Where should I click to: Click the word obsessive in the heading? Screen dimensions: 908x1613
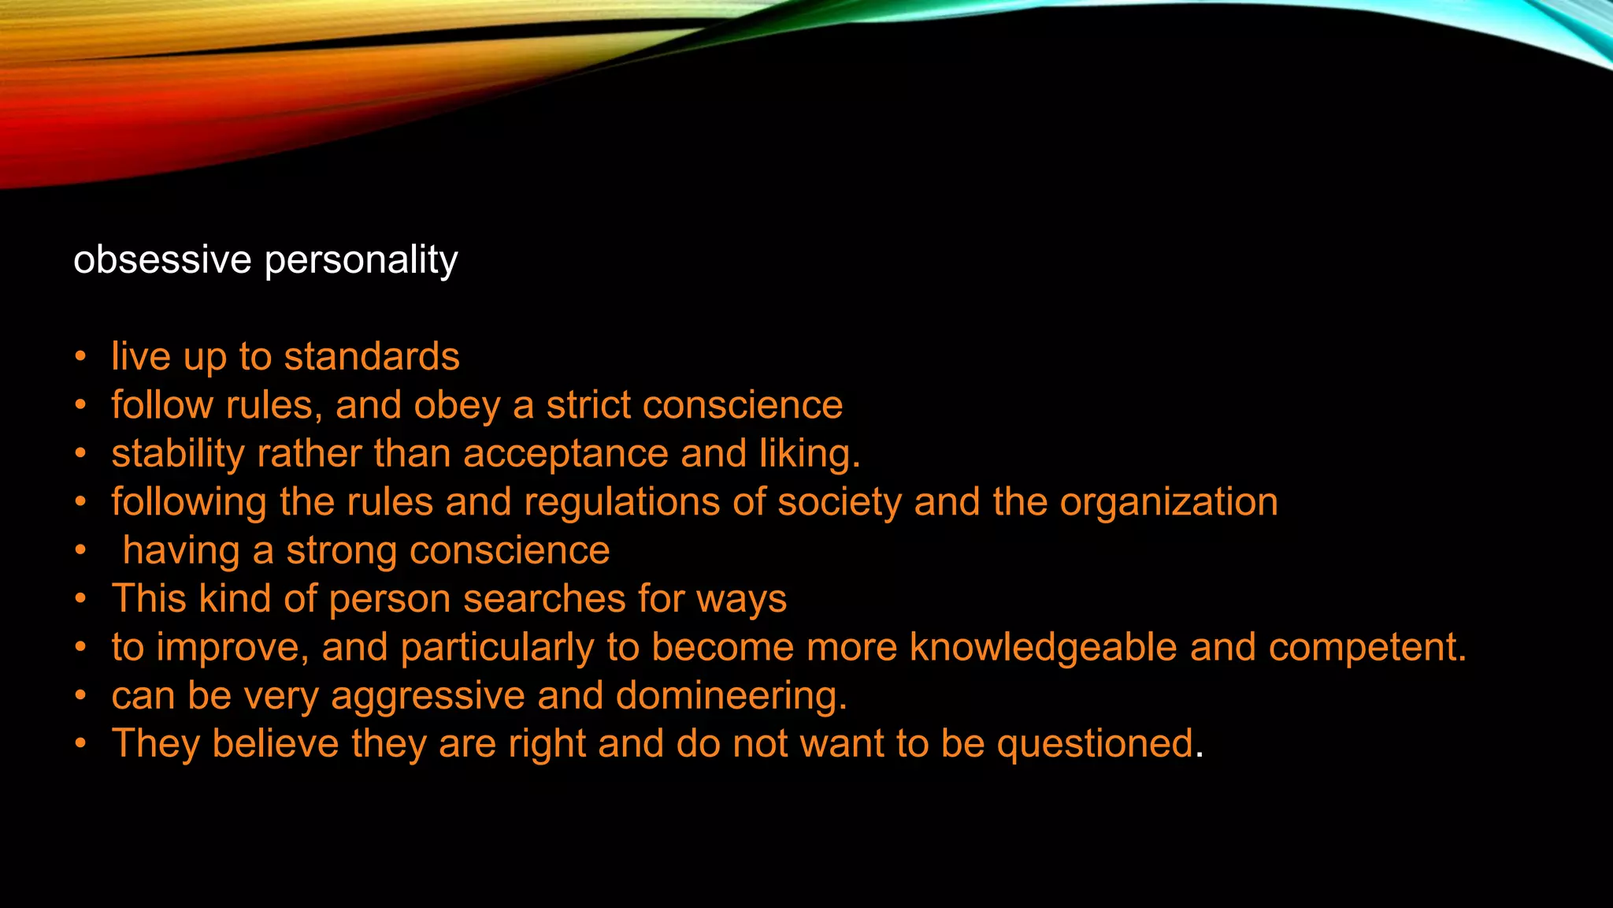[x=161, y=259]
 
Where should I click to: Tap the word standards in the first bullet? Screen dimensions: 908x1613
[x=372, y=356]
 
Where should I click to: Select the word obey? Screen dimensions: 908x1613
[x=458, y=406]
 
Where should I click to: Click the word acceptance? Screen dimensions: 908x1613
[x=565, y=455]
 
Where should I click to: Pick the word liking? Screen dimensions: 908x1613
[x=810, y=455]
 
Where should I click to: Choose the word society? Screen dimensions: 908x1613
[x=840, y=503]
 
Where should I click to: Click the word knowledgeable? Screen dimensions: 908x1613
[x=1044, y=647]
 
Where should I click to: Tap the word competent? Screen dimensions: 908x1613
[x=1367, y=648]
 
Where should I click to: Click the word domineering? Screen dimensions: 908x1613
[x=731, y=697]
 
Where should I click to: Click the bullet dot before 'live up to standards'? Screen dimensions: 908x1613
[x=80, y=357]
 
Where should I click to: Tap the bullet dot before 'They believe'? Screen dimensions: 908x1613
[x=80, y=744]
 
